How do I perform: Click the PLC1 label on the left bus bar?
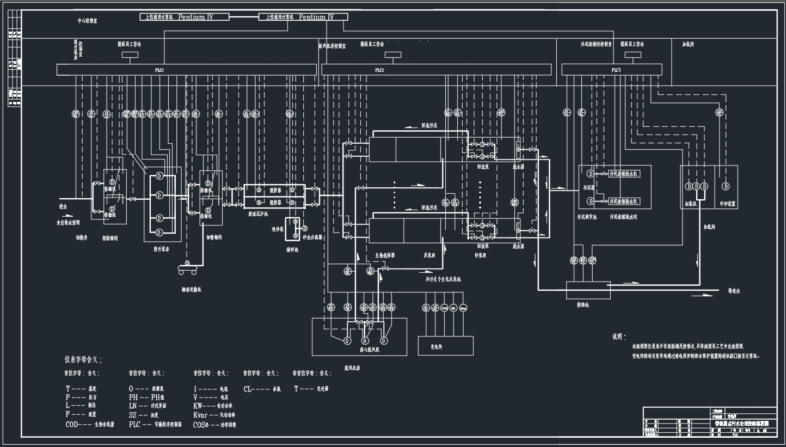coord(159,70)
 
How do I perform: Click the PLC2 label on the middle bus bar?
coord(379,70)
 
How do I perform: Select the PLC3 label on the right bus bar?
coord(616,70)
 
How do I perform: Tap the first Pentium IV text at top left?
coord(195,17)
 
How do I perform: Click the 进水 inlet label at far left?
coord(63,207)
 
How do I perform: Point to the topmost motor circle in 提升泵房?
coord(159,176)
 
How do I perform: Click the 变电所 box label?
coord(437,346)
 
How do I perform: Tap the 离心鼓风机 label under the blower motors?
coord(370,350)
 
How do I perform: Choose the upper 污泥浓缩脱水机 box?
coord(624,174)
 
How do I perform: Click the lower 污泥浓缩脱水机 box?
coord(624,201)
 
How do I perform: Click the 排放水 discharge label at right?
coord(734,291)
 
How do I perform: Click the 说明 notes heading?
coord(619,337)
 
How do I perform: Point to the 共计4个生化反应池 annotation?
coord(443,279)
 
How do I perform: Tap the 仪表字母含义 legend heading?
coord(83,360)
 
